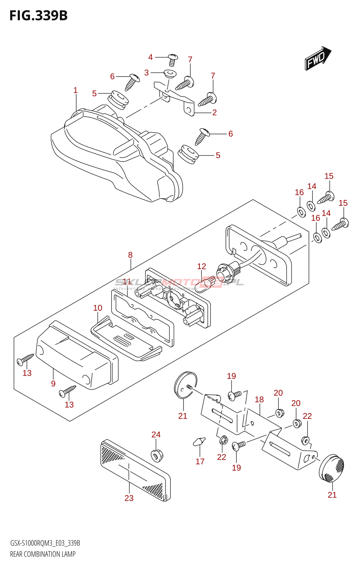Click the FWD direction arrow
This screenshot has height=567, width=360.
pyautogui.click(x=317, y=58)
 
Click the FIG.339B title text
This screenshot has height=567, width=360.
pyautogui.click(x=38, y=16)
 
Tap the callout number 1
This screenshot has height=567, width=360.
pyautogui.click(x=75, y=90)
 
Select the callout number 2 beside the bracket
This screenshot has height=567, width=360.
pyautogui.click(x=214, y=113)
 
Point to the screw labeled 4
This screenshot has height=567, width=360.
pyautogui.click(x=173, y=59)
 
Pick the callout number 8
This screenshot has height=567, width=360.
pyautogui.click(x=130, y=255)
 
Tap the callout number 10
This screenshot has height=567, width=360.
pyautogui.click(x=98, y=308)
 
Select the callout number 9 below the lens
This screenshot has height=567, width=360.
pyautogui.click(x=53, y=383)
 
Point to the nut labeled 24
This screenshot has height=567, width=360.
pyautogui.click(x=156, y=455)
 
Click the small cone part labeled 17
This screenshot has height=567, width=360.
pyautogui.click(x=199, y=442)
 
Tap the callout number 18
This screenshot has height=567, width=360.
pyautogui.click(x=259, y=400)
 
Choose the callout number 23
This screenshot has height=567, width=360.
pyautogui.click(x=129, y=498)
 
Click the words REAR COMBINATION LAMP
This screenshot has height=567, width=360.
pyautogui.click(x=43, y=554)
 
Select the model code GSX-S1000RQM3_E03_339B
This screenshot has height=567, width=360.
pyautogui.click(x=45, y=543)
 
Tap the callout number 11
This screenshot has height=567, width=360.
pyautogui.click(x=127, y=282)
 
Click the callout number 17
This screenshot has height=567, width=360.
pyautogui.click(x=200, y=461)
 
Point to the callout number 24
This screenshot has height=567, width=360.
pyautogui.click(x=156, y=434)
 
